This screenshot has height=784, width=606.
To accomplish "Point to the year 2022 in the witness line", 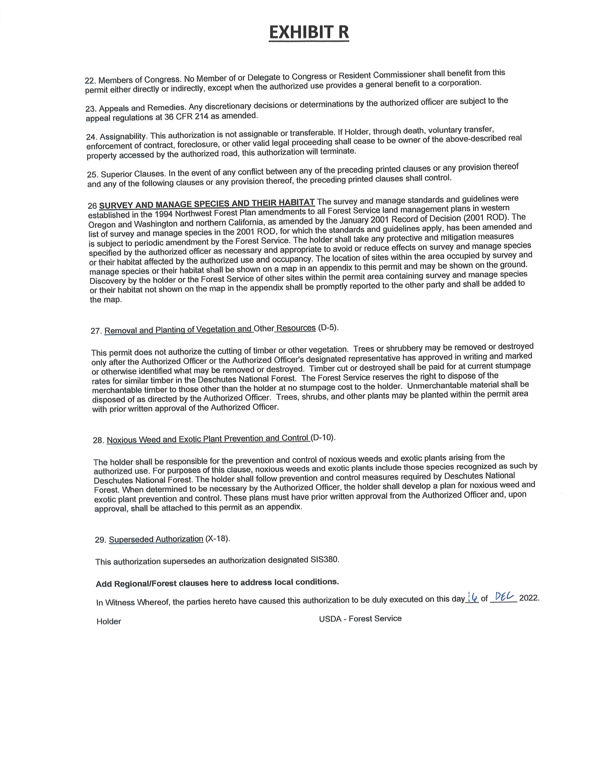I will tap(529, 598).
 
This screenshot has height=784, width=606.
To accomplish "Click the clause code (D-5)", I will tap(328, 328).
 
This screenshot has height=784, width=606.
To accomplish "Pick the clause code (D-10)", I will tap(323, 438).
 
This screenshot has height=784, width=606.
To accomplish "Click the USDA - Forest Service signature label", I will tap(360, 618).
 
